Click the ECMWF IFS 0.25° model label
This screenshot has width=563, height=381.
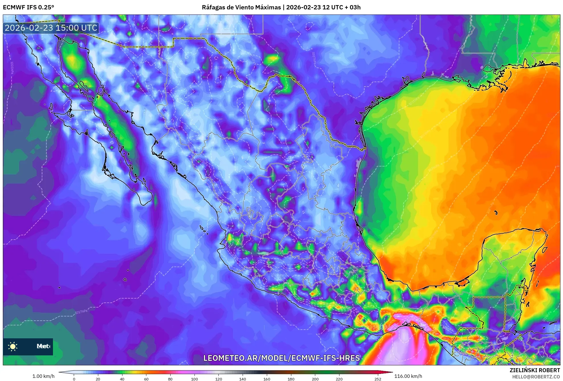click(28, 7)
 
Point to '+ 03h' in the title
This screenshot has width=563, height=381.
click(353, 7)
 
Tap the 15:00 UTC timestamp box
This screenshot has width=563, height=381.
click(51, 28)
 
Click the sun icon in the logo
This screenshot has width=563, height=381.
click(13, 346)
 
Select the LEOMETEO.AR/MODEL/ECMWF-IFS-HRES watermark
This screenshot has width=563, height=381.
click(281, 358)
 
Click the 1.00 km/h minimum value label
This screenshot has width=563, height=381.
click(43, 376)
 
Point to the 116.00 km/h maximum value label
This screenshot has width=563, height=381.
click(408, 376)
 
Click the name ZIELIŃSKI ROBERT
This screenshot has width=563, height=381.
click(535, 370)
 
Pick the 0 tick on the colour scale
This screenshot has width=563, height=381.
click(74, 379)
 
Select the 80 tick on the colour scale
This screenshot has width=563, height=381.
click(170, 379)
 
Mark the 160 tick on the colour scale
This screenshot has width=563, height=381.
click(267, 379)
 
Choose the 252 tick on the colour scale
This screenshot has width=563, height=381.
click(378, 379)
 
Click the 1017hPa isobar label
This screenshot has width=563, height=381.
click(81, 312)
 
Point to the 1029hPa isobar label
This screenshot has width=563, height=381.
click(220, 67)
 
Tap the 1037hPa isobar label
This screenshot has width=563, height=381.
click(314, 57)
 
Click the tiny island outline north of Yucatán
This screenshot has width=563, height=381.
click(496, 213)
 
